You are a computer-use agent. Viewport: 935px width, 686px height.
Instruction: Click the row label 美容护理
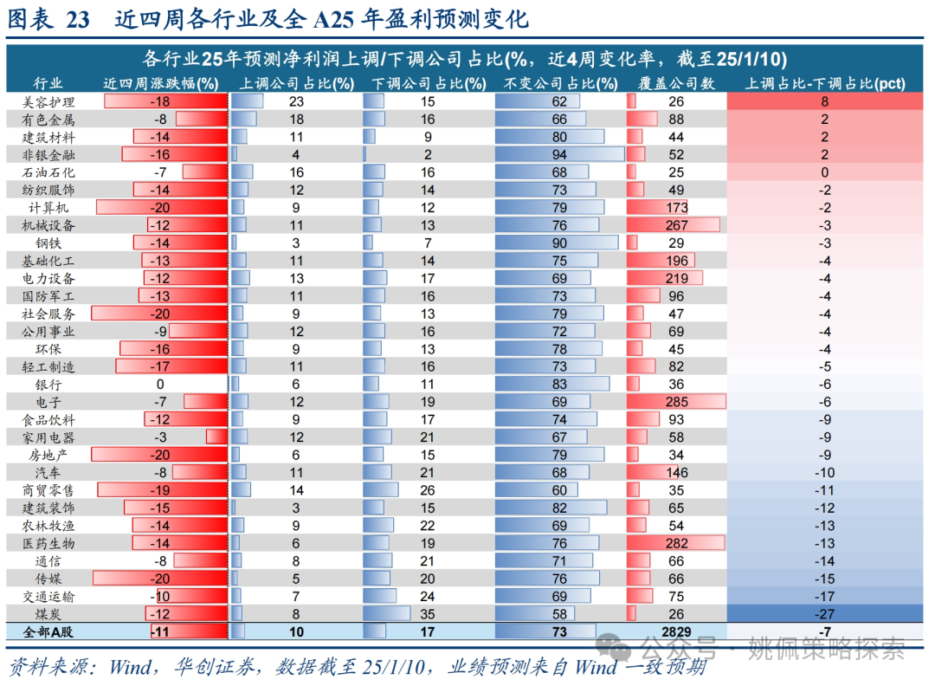(x=48, y=101)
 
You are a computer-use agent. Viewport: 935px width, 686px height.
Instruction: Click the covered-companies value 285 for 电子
(x=677, y=401)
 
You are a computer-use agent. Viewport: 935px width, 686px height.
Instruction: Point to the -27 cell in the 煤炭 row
(x=824, y=614)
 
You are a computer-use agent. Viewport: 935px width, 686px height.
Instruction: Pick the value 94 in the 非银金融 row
(x=559, y=154)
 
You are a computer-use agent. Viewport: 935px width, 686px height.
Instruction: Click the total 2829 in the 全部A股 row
(x=677, y=632)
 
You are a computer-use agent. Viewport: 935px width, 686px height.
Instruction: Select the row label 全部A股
(x=48, y=632)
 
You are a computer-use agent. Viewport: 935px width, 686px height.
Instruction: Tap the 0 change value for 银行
(x=160, y=384)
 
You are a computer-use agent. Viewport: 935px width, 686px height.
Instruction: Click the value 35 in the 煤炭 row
(x=427, y=614)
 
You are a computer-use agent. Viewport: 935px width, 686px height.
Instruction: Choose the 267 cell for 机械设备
(x=677, y=225)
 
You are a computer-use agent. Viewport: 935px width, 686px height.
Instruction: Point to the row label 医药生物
(x=48, y=543)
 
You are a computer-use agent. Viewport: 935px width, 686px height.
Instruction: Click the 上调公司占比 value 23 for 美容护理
(x=296, y=101)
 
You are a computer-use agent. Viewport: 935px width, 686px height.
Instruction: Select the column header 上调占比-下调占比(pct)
(x=824, y=83)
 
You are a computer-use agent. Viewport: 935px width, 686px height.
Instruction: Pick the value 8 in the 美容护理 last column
(x=824, y=101)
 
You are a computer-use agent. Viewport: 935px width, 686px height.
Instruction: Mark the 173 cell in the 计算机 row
(x=677, y=208)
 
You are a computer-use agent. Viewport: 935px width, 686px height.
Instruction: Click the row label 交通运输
(x=48, y=597)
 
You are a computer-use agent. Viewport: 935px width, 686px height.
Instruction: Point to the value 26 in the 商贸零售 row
(x=427, y=490)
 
